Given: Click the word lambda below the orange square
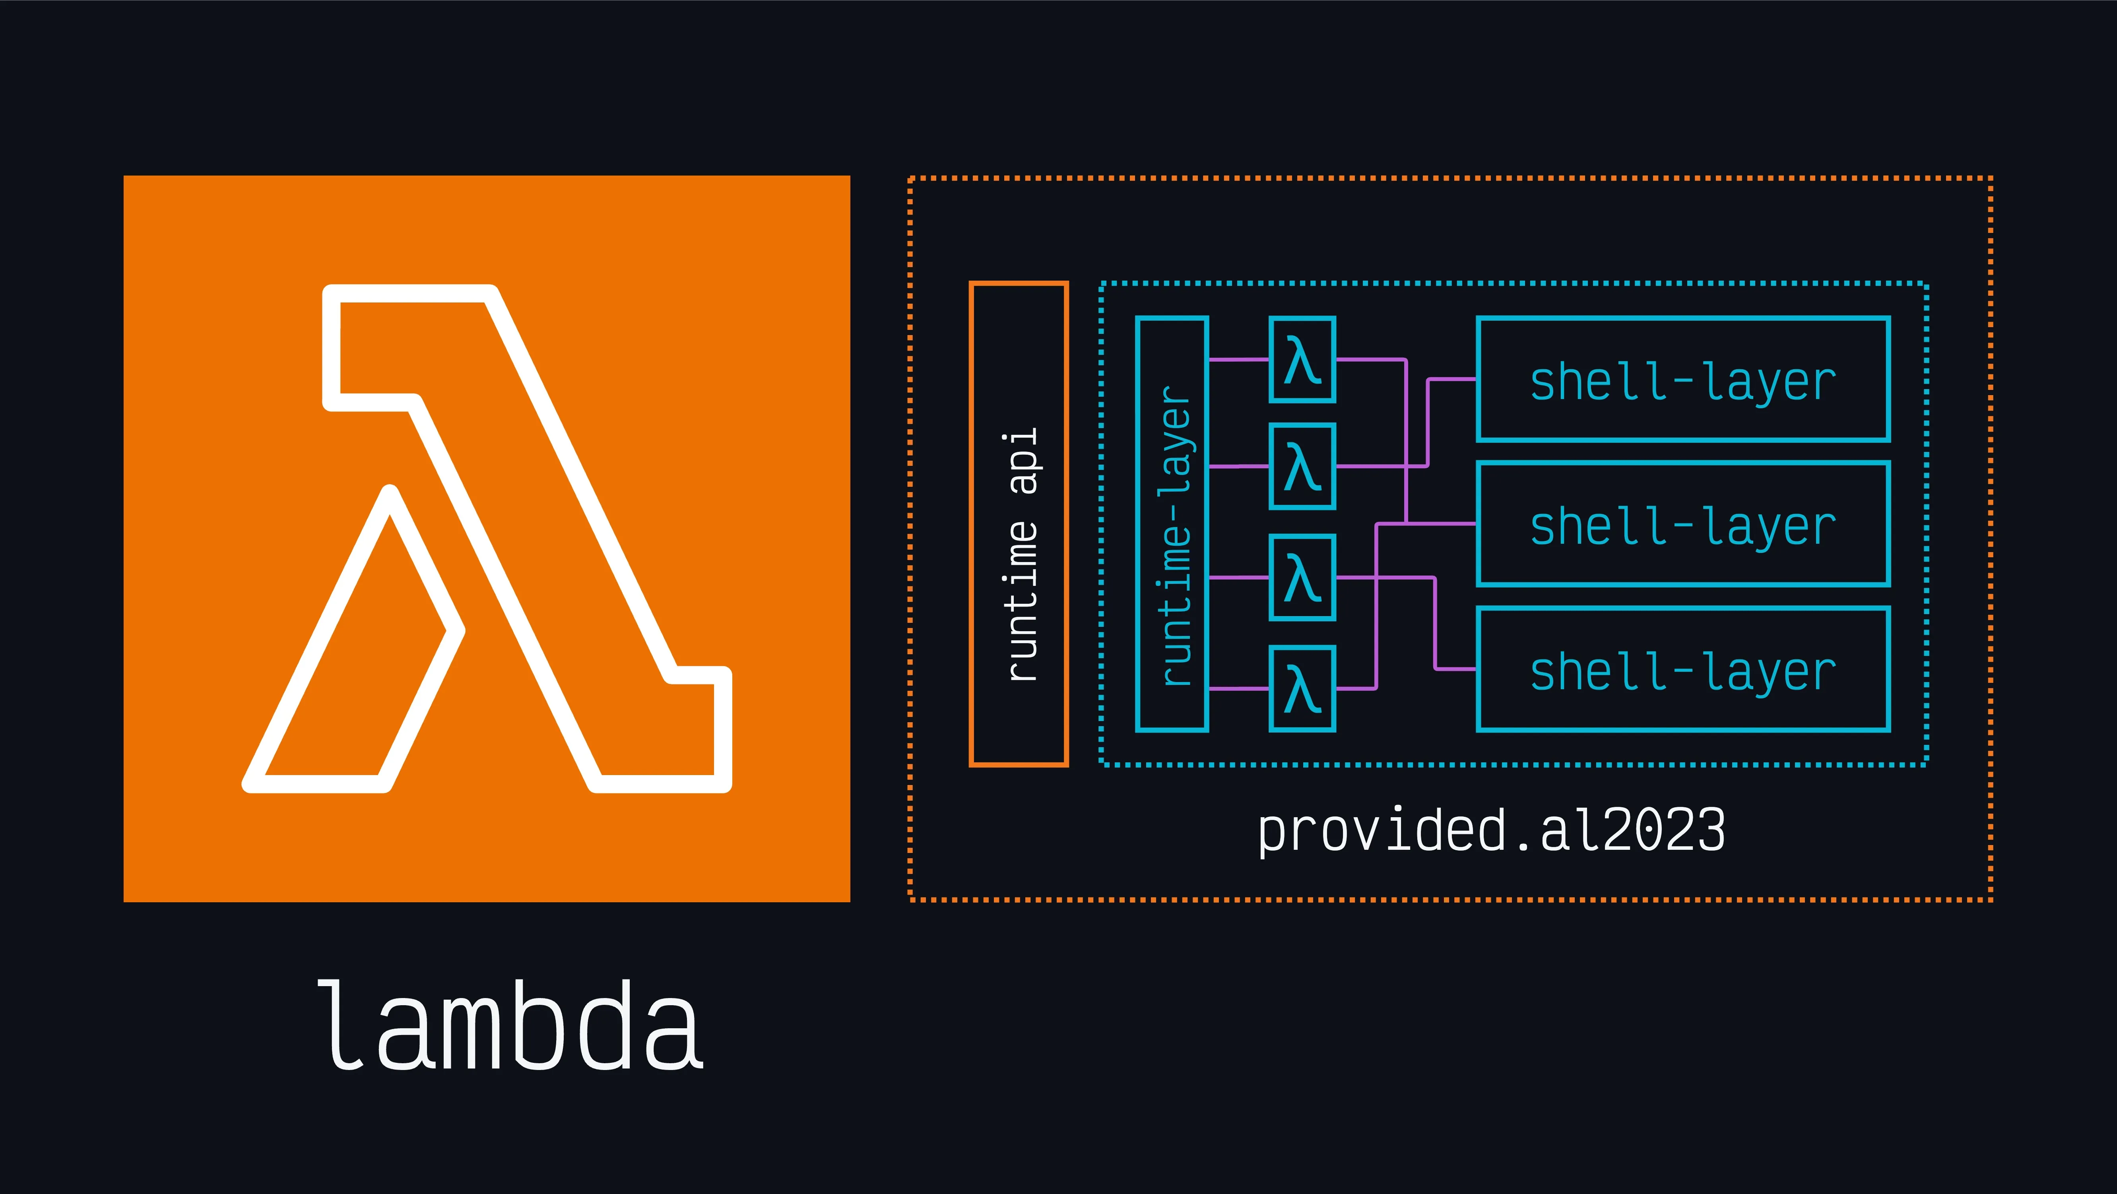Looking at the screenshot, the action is pos(510,1025).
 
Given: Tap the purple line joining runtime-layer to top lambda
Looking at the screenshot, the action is pos(1238,359).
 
